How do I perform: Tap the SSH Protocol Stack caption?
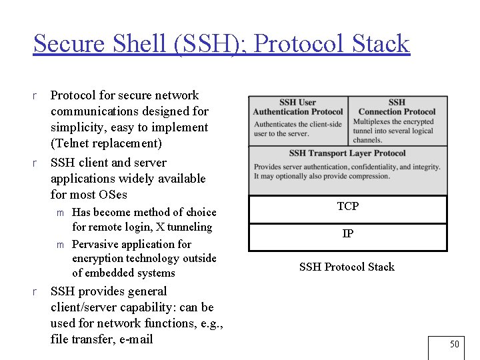coord(347,267)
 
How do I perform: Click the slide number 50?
coord(454,345)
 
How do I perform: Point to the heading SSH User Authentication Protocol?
coord(298,107)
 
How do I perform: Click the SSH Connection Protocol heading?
coord(397,107)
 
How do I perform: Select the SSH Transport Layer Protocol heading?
coord(347,153)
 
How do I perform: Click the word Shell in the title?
coord(143,44)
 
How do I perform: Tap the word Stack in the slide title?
coord(378,44)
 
